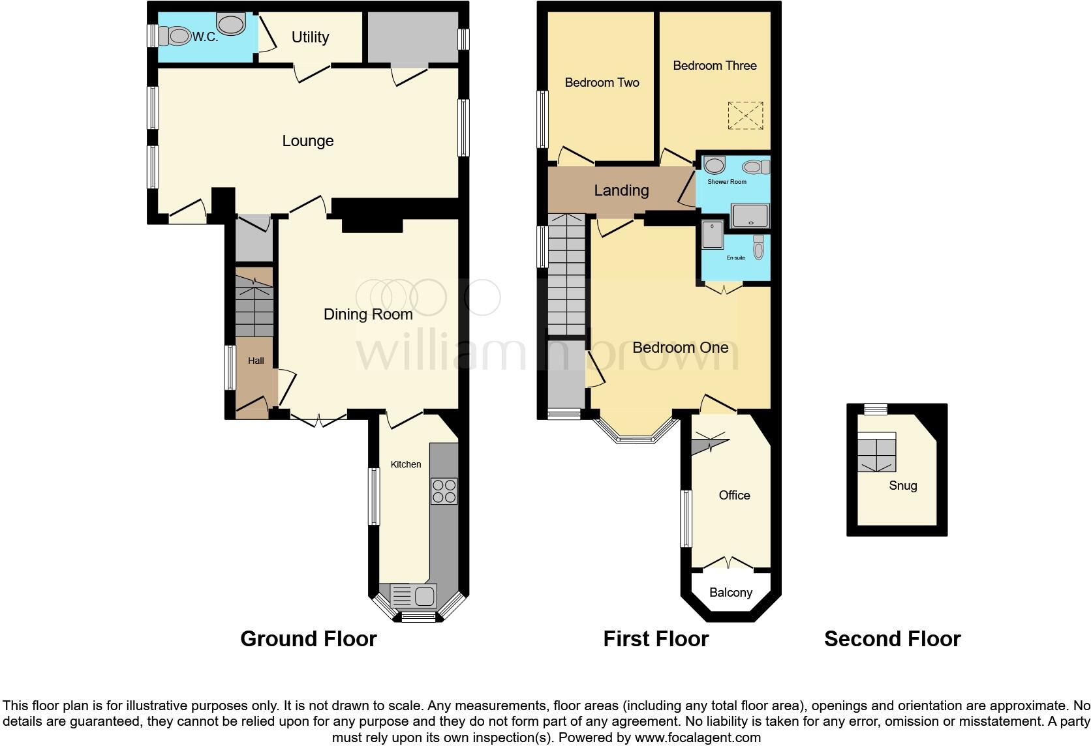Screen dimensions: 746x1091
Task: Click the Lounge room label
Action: tap(307, 141)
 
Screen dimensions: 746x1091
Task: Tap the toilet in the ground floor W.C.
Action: tap(176, 36)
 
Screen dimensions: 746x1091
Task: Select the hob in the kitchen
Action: tap(444, 491)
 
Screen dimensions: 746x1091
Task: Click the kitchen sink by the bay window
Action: tap(414, 595)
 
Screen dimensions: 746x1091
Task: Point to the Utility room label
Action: tap(310, 37)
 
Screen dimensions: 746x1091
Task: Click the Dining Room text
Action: tap(368, 314)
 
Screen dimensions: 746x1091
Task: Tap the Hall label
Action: tap(256, 361)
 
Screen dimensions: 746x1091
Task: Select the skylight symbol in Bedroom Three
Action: tap(745, 116)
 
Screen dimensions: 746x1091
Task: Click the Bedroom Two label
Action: tap(602, 82)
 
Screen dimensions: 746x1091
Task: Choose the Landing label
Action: tap(621, 190)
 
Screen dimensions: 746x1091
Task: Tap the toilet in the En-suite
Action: tap(758, 248)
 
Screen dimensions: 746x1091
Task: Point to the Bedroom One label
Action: tap(680, 348)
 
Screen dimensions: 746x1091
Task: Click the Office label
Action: tap(734, 496)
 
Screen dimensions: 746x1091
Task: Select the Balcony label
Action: tap(730, 593)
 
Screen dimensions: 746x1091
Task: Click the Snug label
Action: tap(902, 486)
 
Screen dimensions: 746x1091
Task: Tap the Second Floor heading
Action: tap(892, 639)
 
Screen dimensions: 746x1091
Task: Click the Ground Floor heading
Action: tap(308, 639)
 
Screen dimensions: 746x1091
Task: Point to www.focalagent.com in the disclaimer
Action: tap(697, 738)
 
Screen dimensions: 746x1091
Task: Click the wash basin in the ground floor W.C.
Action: tap(231, 25)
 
